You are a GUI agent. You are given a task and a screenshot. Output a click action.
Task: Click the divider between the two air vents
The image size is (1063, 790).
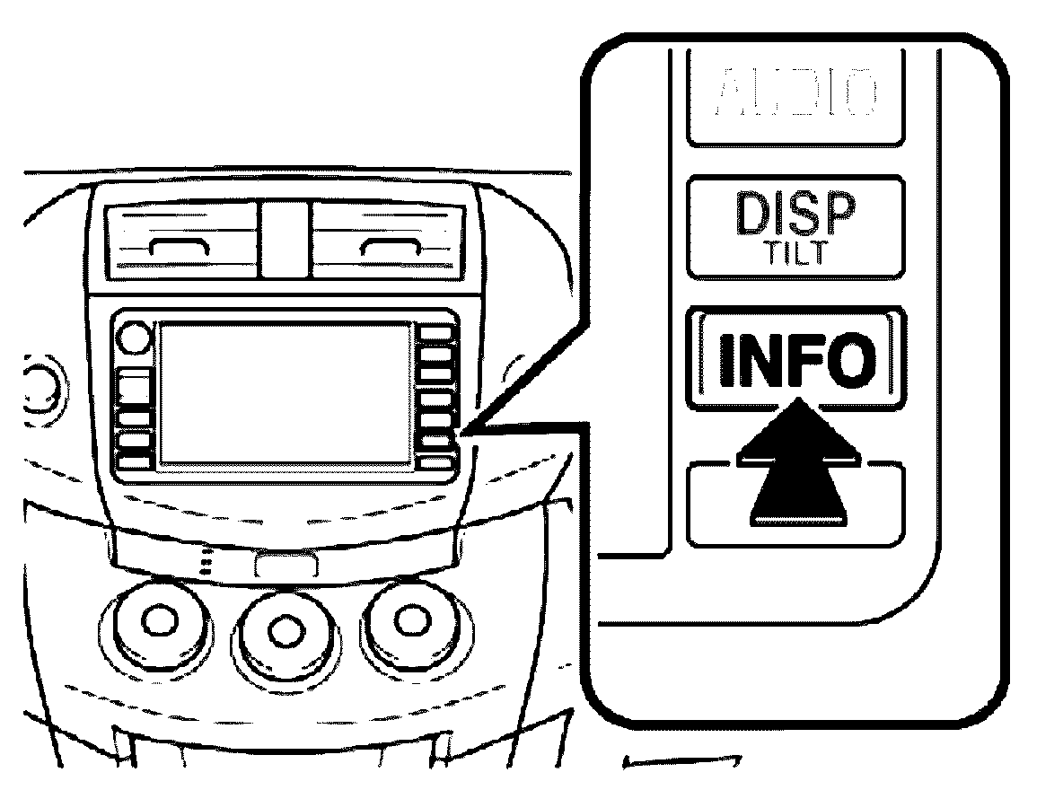(x=285, y=237)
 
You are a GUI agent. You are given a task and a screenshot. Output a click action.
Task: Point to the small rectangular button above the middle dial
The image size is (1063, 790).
(x=286, y=565)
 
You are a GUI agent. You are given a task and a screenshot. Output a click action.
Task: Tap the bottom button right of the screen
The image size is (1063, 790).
(x=437, y=463)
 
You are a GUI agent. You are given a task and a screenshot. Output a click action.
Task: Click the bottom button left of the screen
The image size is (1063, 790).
(x=133, y=461)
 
